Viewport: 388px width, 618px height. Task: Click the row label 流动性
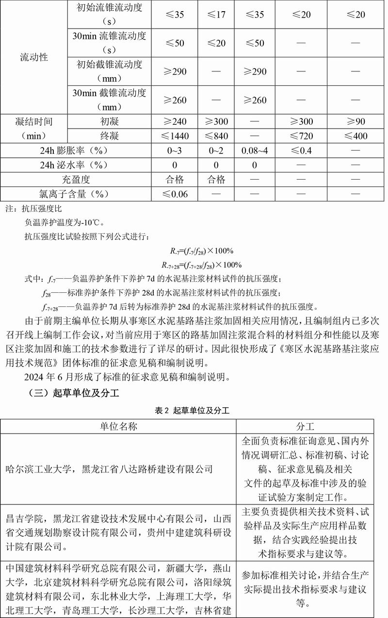pos(34,57)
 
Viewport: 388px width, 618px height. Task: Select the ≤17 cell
pos(216,15)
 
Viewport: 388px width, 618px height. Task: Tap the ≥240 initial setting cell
pos(175,121)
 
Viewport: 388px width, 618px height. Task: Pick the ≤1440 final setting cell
pos(175,136)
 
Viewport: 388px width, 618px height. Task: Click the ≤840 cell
pos(216,136)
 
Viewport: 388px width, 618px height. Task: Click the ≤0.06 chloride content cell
pos(175,194)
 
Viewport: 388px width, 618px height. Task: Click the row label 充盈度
pos(76,180)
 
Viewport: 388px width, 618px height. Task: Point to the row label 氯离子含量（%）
pos(76,194)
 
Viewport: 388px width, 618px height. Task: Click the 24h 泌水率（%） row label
pos(76,165)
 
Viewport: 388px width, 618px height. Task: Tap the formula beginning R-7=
pos(202,251)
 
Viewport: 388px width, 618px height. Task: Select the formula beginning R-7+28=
pos(202,265)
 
